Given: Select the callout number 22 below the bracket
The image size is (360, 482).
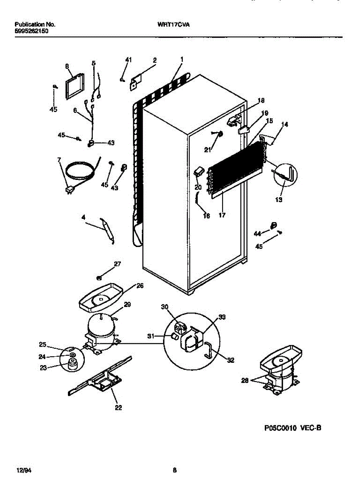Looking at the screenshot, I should coord(119,408).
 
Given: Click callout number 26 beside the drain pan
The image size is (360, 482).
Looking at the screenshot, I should coord(140,286).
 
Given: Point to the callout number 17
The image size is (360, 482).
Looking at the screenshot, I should coord(222,215).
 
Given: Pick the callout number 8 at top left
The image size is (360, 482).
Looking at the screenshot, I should coord(67,66).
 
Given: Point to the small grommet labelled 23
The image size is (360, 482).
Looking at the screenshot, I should coord(73,364).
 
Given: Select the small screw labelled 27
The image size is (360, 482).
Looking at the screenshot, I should coord(99,277).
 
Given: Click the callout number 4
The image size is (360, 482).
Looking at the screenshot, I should coord(83,217).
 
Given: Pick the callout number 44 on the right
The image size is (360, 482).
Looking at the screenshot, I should coord(257,233).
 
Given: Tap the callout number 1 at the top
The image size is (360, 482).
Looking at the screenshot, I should coord(182,59).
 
